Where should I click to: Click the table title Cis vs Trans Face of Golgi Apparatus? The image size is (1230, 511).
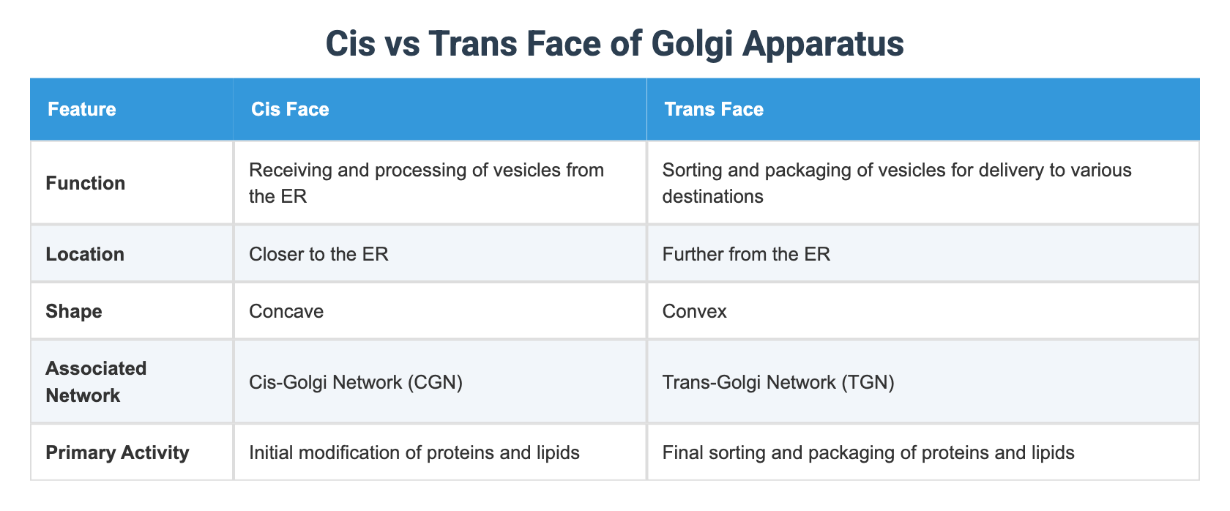click(x=614, y=44)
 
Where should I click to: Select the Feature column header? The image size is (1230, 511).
click(x=81, y=110)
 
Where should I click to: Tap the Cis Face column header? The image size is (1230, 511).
click(x=290, y=110)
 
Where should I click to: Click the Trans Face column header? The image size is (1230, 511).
click(x=714, y=110)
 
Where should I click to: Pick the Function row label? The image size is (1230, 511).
click(x=85, y=183)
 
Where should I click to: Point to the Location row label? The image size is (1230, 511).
click(x=85, y=255)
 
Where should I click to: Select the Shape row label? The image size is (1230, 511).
click(x=74, y=312)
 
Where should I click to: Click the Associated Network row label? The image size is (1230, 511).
click(x=96, y=382)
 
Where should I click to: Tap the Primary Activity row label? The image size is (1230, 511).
click(x=117, y=453)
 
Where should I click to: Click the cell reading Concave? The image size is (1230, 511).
click(x=286, y=312)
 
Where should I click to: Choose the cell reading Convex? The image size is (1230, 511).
click(x=694, y=312)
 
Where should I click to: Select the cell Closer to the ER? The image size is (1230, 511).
click(x=318, y=255)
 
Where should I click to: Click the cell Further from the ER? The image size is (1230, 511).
click(x=746, y=255)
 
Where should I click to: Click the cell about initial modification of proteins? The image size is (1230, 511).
click(x=414, y=453)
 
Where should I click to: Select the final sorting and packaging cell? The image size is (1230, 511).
click(x=868, y=453)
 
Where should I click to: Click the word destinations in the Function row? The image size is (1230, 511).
click(x=712, y=197)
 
